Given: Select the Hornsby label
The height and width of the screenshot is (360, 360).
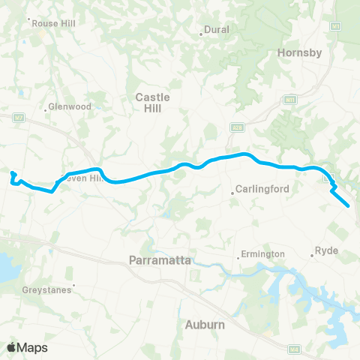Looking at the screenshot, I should (x=299, y=52).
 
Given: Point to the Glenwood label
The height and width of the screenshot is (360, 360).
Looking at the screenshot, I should (x=71, y=106).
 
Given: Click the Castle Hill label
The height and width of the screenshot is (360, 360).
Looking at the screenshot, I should (x=152, y=103).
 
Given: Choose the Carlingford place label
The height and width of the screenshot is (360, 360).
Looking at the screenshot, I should (x=262, y=189).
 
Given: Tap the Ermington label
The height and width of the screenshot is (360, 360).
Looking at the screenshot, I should (x=262, y=254).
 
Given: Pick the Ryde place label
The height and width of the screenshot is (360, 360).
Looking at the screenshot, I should (x=327, y=250).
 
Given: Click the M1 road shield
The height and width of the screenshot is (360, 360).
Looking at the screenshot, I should (x=337, y=26).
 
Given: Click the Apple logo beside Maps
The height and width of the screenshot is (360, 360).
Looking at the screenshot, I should (x=12, y=347).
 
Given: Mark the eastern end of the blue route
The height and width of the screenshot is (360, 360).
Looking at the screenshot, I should (x=349, y=205).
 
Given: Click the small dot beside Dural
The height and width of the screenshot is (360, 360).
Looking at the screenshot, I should (x=202, y=33).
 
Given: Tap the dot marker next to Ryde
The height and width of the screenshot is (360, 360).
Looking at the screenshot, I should (x=311, y=256).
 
